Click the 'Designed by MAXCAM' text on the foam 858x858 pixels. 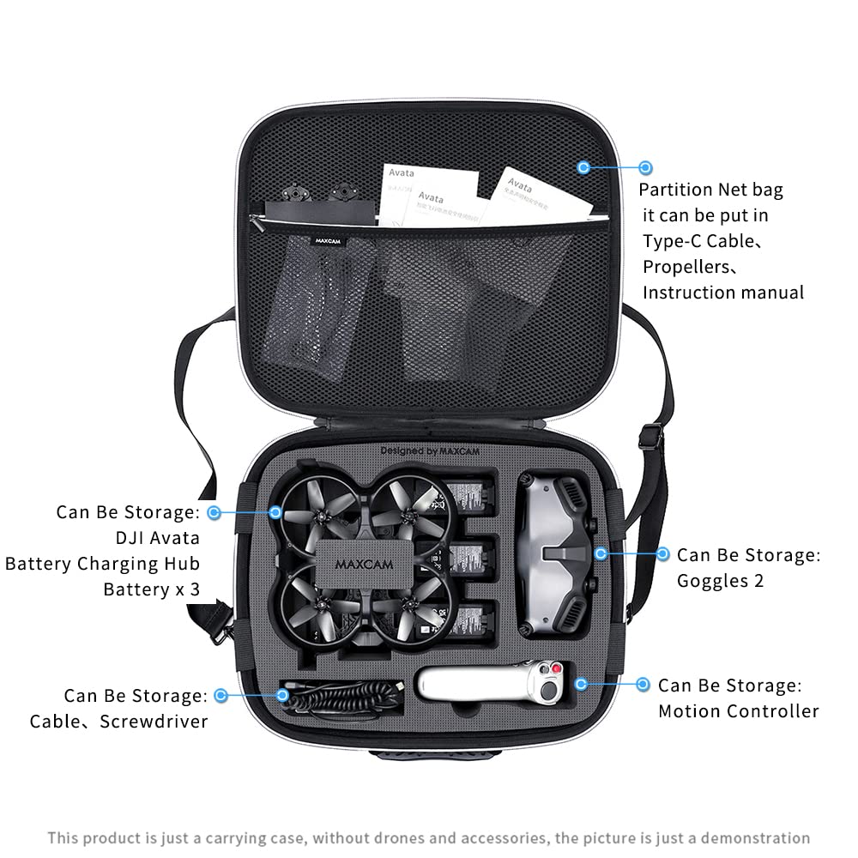[441, 450]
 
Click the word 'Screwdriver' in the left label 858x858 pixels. [154, 721]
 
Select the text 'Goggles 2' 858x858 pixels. [720, 581]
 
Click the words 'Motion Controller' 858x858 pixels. [738, 710]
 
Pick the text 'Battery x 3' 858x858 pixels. [151, 589]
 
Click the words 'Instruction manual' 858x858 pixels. [723, 293]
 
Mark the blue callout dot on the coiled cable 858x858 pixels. [284, 695]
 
